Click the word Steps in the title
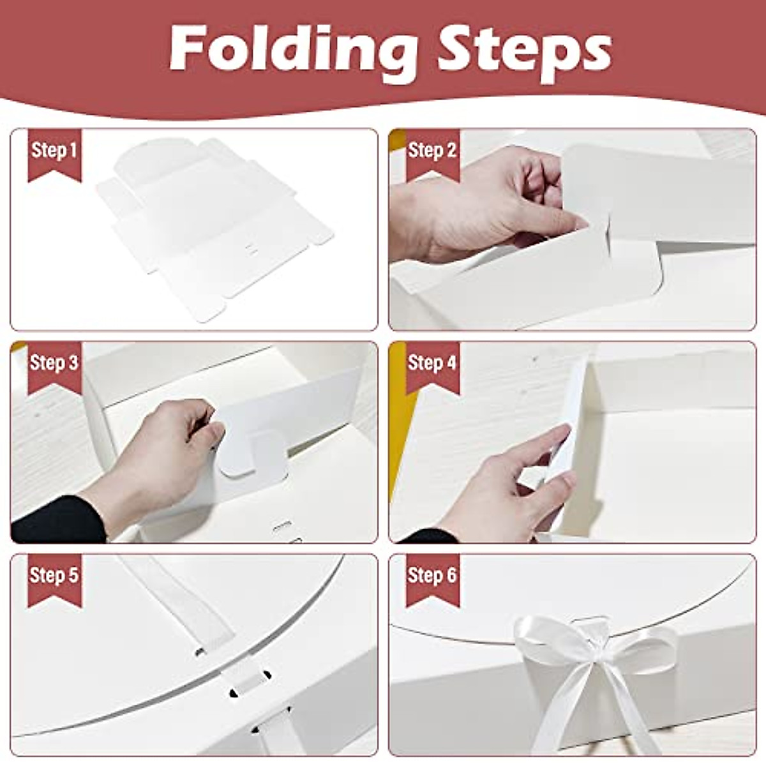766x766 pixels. tap(523, 50)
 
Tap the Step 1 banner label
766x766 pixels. tap(54, 151)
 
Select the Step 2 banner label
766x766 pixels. tap(432, 151)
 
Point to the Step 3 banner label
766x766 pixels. tap(54, 363)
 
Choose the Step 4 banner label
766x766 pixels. tap(432, 363)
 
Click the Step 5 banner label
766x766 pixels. tap(54, 575)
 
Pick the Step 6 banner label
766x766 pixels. tap(432, 575)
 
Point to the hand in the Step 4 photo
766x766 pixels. tap(517, 485)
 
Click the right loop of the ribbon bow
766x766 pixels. tap(645, 645)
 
